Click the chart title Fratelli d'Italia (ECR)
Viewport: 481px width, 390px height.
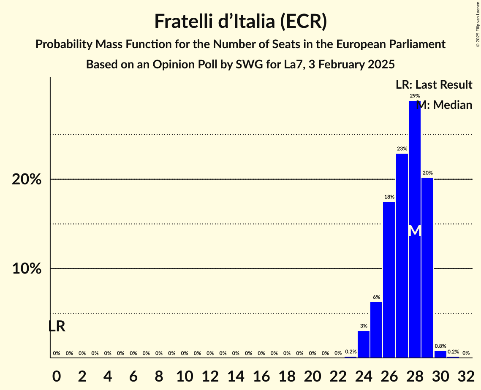240,21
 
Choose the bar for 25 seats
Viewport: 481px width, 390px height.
376,330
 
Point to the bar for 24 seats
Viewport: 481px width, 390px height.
364,344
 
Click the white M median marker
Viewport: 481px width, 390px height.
415,231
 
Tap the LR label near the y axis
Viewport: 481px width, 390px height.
57,326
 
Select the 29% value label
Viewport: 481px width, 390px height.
415,96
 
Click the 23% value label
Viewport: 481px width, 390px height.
402,149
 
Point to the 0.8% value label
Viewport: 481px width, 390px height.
440,346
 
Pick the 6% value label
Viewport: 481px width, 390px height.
376,297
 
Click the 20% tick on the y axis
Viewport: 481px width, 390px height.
27,179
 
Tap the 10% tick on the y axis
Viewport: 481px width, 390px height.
27,269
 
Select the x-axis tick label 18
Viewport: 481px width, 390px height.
287,375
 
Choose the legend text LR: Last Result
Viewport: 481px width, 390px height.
434,85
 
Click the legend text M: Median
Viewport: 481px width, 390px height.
444,105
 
